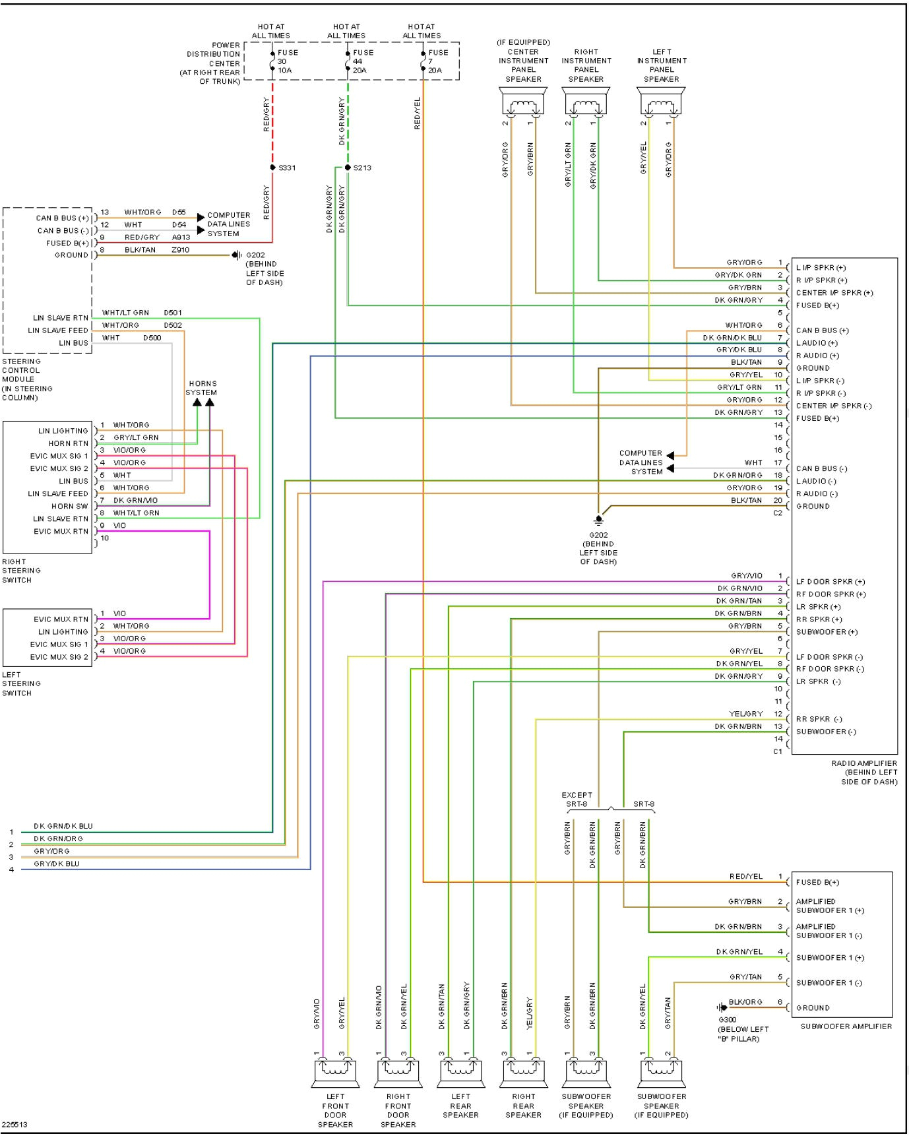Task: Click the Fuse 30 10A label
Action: point(287,61)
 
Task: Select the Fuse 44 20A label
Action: point(362,61)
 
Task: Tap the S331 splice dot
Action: point(272,168)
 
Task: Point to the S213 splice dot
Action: point(348,168)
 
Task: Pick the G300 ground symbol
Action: point(721,1007)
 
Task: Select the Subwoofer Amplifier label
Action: point(846,1026)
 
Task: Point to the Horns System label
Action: point(202,388)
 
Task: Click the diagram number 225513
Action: point(15,1125)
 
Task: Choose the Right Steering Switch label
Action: point(21,571)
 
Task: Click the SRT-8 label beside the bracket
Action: point(643,804)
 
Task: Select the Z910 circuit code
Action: point(180,250)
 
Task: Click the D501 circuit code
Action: point(173,313)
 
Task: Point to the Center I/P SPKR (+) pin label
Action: point(834,293)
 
